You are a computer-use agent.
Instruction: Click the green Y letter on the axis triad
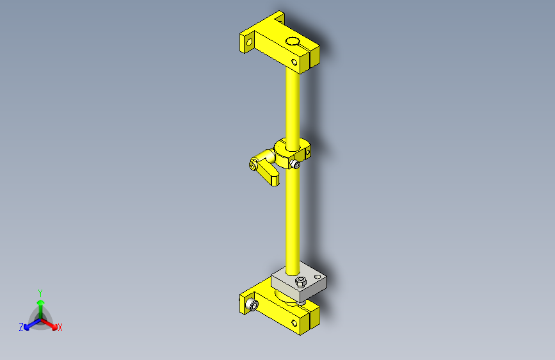pos(40,291)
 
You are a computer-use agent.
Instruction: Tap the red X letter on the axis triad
pos(60,327)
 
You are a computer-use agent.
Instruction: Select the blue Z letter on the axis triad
pos(21,327)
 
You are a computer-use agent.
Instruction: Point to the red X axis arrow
pos(52,324)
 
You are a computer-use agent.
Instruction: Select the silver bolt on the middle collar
pos(295,165)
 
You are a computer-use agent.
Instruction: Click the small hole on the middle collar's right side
pos(307,153)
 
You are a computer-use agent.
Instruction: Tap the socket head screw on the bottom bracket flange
pos(252,306)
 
